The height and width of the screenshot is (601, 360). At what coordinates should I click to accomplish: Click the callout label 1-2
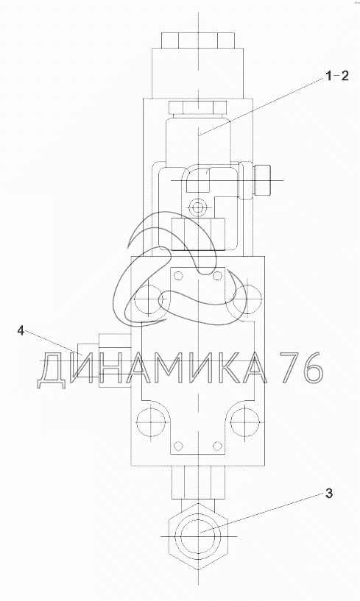(x=337, y=77)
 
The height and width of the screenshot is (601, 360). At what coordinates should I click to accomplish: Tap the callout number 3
(x=329, y=494)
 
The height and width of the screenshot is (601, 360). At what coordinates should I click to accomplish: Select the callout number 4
(x=21, y=330)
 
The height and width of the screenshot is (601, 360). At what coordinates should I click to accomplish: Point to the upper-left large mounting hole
(x=152, y=299)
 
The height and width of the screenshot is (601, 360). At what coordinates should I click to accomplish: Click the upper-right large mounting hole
(x=246, y=299)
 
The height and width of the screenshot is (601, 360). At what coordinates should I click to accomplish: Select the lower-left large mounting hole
(x=152, y=423)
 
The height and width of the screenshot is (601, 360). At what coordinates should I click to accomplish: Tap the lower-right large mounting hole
(x=246, y=423)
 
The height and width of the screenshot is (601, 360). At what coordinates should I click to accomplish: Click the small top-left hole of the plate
(x=178, y=276)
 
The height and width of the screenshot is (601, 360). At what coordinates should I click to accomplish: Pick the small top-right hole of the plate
(x=217, y=276)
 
